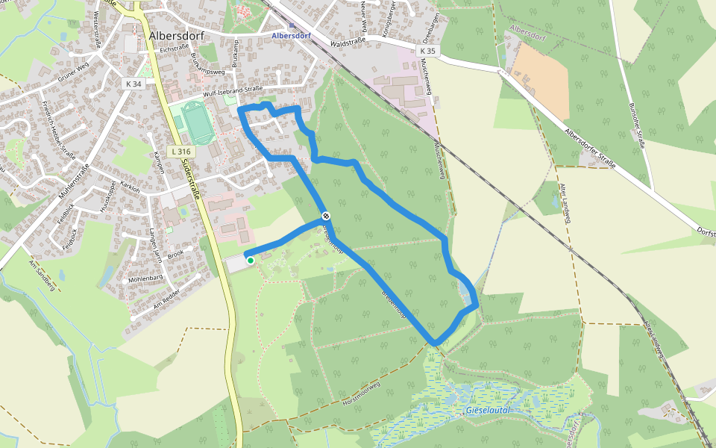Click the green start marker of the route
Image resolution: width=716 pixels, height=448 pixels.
click(x=251, y=260)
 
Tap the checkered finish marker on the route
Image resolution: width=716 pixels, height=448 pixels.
click(x=326, y=216)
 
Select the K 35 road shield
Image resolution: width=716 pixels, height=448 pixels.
click(x=427, y=51)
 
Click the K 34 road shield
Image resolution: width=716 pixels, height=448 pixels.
click(x=134, y=84)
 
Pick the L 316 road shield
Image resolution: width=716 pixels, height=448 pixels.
click(x=181, y=151)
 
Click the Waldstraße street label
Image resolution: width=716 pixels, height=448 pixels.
click(x=345, y=44)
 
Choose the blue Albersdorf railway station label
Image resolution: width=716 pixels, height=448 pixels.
click(x=291, y=35)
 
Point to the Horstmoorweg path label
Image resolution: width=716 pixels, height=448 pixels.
click(x=362, y=394)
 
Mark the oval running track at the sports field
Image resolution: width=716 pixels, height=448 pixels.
click(x=198, y=124)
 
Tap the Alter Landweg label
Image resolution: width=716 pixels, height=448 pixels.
click(x=555, y=195)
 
